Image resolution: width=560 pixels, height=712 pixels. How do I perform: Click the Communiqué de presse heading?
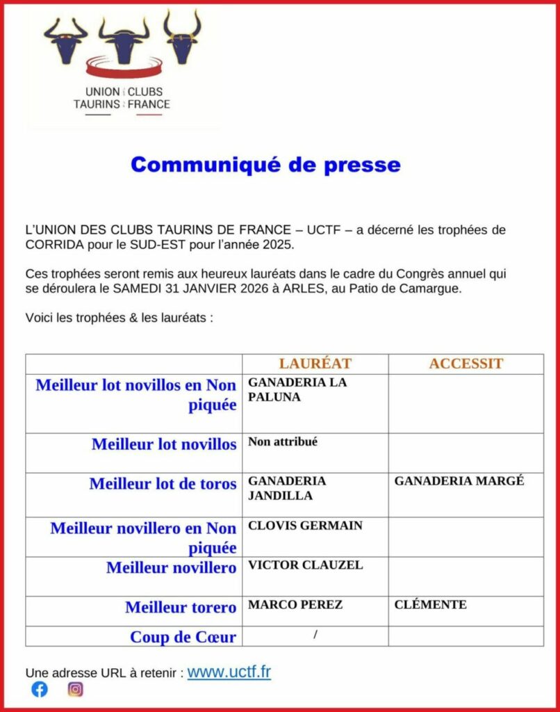click(x=265, y=165)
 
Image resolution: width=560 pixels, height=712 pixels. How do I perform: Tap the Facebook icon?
click(x=40, y=689)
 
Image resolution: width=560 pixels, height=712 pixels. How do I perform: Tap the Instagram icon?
click(x=76, y=689)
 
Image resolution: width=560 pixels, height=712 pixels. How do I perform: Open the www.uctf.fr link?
click(x=229, y=672)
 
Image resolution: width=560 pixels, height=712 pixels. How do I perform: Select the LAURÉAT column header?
click(x=315, y=364)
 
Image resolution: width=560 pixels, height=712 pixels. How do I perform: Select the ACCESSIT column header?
click(x=466, y=364)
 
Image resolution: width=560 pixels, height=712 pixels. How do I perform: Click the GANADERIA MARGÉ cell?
click(x=459, y=481)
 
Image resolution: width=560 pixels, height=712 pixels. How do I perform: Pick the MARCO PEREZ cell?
click(x=295, y=605)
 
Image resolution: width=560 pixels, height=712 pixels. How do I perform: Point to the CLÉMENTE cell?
click(x=430, y=605)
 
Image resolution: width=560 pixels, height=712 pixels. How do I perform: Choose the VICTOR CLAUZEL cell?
click(x=305, y=565)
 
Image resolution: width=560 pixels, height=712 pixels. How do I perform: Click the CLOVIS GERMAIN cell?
click(x=305, y=526)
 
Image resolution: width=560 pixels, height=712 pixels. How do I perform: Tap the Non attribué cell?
click(x=283, y=442)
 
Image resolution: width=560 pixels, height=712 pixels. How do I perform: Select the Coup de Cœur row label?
click(x=183, y=637)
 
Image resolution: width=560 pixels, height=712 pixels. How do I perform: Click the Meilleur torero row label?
click(x=181, y=608)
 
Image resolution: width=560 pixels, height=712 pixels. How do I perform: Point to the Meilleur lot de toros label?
click(x=163, y=484)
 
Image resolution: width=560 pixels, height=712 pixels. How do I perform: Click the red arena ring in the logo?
click(x=124, y=68)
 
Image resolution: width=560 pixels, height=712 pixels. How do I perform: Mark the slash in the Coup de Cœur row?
click(x=315, y=634)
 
